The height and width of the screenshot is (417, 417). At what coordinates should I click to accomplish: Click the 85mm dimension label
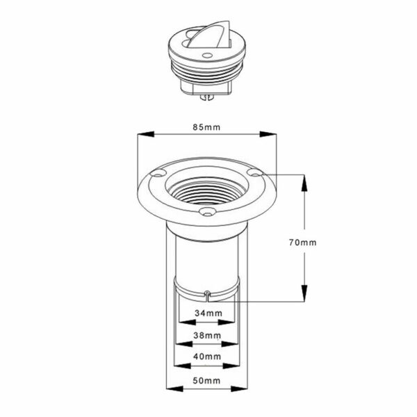click(x=206, y=127)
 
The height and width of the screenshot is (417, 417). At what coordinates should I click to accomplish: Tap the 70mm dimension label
click(x=303, y=243)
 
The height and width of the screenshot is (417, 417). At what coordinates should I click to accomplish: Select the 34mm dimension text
click(x=208, y=313)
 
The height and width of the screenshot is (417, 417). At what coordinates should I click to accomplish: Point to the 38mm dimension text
click(x=207, y=336)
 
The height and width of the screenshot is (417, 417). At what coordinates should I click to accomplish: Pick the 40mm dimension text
click(x=207, y=357)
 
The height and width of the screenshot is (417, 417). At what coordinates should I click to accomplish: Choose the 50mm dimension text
click(x=206, y=381)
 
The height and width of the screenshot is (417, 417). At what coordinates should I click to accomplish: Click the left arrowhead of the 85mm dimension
click(x=145, y=134)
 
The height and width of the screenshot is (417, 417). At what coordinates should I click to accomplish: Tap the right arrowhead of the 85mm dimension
click(x=268, y=134)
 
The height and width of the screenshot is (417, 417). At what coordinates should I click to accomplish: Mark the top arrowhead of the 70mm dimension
click(x=304, y=183)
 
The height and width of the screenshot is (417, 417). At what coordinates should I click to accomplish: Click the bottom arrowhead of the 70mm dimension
click(x=304, y=293)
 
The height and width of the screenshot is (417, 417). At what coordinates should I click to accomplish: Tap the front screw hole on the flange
click(x=207, y=212)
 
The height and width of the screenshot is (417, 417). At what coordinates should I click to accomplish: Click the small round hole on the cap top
click(x=207, y=56)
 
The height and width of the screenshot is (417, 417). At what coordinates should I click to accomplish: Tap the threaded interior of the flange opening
click(x=207, y=191)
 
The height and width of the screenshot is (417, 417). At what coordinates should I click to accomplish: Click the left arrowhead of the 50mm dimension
click(x=174, y=389)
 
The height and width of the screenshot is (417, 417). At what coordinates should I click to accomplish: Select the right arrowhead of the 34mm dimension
click(x=227, y=322)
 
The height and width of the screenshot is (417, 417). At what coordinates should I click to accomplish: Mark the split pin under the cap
click(x=208, y=97)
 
